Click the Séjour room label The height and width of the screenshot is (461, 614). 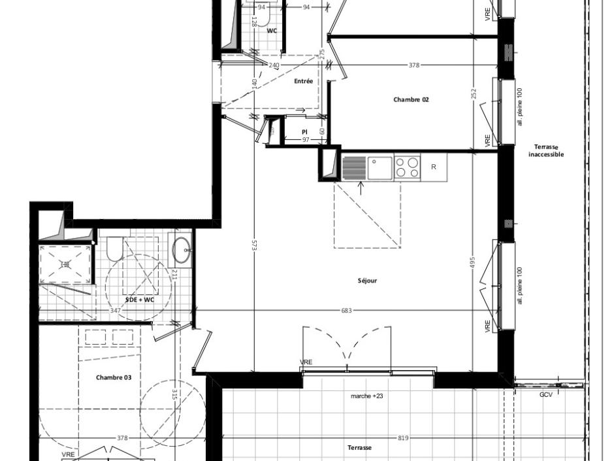pos(367,281)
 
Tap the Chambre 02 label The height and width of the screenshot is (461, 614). pos(411,99)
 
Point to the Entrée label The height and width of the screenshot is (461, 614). pos(303,81)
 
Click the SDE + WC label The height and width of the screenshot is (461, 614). pos(140,299)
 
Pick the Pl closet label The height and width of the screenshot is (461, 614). pos(304,132)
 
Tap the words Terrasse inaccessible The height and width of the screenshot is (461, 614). pos(546,151)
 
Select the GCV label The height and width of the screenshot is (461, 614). pos(546,395)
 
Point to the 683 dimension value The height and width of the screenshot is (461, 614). pos(346,311)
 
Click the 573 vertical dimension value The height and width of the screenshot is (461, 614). pos(254,245)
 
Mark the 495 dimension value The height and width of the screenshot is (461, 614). pos(473,262)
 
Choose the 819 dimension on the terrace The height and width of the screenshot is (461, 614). pos(403,437)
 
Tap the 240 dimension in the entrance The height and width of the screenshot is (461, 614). pos(274,65)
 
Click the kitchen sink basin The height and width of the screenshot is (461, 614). pos(379,167)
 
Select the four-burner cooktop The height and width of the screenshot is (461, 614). pos(408,167)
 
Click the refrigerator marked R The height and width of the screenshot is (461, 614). pos(434,167)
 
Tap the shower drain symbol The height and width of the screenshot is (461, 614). pos(65,264)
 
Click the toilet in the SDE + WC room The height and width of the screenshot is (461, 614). pos(116,248)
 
